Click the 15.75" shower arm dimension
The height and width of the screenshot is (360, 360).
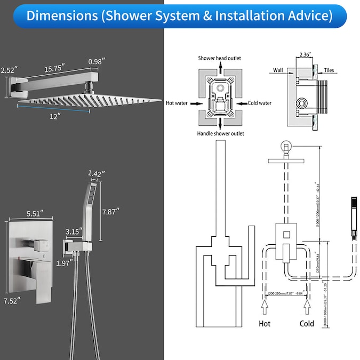click(55, 68)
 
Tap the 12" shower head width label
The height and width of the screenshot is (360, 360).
click(55, 115)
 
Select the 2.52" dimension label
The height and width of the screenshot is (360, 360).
click(9, 70)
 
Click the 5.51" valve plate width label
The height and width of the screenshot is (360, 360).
click(30, 214)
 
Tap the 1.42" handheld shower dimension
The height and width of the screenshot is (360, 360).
click(96, 173)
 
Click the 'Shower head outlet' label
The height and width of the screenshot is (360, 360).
click(220, 58)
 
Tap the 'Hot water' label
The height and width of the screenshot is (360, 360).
click(177, 103)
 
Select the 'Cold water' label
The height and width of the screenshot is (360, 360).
click(259, 103)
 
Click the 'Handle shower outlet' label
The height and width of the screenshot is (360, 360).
click(220, 148)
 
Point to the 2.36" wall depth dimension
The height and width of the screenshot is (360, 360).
click(305, 54)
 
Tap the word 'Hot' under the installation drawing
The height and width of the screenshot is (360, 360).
click(264, 323)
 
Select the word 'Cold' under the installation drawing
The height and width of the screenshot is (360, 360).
click(307, 323)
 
